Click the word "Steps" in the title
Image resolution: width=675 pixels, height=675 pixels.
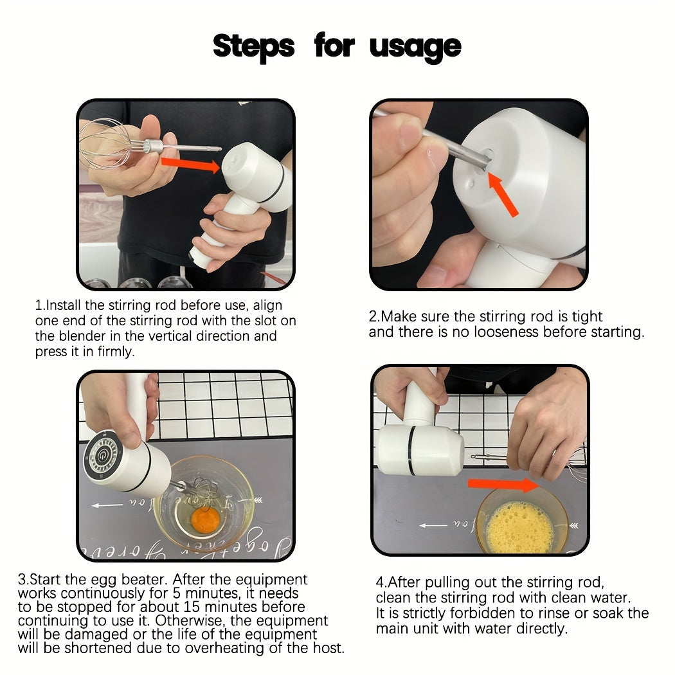pos(253,46)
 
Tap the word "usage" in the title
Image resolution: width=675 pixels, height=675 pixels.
pos(415,46)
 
